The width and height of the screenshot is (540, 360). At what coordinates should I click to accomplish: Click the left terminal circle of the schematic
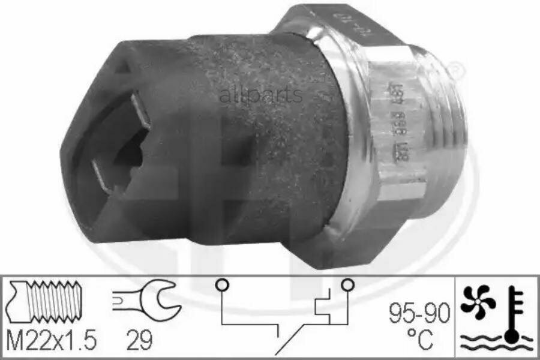click(x=221, y=284)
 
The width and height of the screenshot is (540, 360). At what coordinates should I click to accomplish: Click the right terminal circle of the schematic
click(x=347, y=284)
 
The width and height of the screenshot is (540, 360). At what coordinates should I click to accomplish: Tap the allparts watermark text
click(x=261, y=95)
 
